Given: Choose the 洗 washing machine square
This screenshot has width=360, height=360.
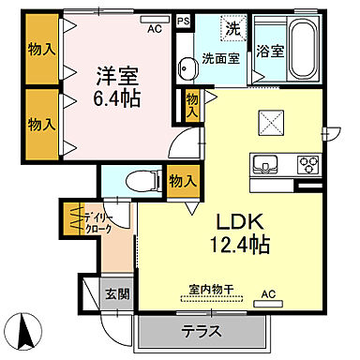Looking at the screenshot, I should pyautogui.click(x=231, y=29).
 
